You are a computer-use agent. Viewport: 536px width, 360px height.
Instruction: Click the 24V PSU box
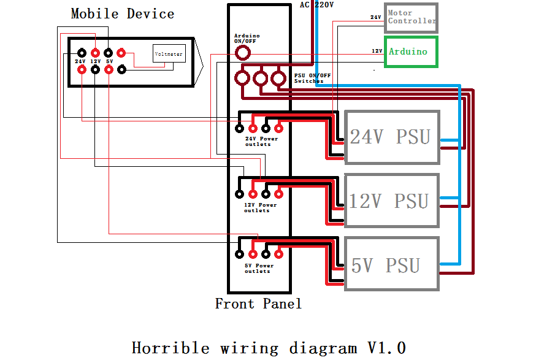coord(392,137)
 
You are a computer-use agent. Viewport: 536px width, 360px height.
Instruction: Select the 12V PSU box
coord(392,201)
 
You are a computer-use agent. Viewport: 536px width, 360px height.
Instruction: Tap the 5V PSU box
coord(392,264)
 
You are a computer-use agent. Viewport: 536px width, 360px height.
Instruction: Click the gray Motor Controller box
coord(411,17)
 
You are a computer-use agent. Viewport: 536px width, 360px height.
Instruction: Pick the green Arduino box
coord(411,52)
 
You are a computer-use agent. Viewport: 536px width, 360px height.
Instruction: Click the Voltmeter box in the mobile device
coord(169,54)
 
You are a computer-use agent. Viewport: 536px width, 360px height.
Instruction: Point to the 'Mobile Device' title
coord(123,13)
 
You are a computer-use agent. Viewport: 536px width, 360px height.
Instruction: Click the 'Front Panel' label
coord(258,304)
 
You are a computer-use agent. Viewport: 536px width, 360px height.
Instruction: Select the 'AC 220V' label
coord(316,5)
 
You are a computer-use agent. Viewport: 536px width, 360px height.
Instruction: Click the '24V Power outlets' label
coord(261,142)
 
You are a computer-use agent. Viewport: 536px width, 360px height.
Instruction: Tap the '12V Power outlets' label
coord(261,207)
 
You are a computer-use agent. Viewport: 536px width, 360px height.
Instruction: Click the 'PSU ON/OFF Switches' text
coord(312,78)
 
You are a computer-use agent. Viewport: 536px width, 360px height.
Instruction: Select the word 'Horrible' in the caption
coord(170,348)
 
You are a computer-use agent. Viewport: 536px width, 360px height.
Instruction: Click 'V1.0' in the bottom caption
coord(386,348)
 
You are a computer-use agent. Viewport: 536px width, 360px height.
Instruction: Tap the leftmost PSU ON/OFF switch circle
coord(243,78)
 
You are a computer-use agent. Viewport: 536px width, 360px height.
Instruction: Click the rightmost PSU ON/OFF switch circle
coord(279,78)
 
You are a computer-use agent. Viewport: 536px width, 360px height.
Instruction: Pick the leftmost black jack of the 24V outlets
coord(240,128)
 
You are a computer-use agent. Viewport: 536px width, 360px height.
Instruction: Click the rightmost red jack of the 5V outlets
coord(278,253)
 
